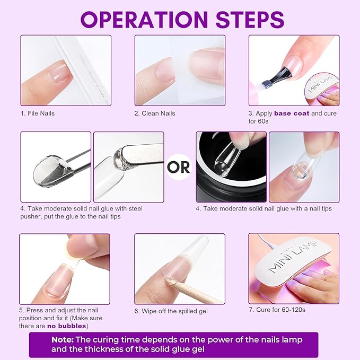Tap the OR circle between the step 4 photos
point(179,167)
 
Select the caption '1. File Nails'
point(38,113)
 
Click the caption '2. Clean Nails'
point(155,113)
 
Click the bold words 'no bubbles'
point(67,326)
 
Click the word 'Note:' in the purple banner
point(63,339)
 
